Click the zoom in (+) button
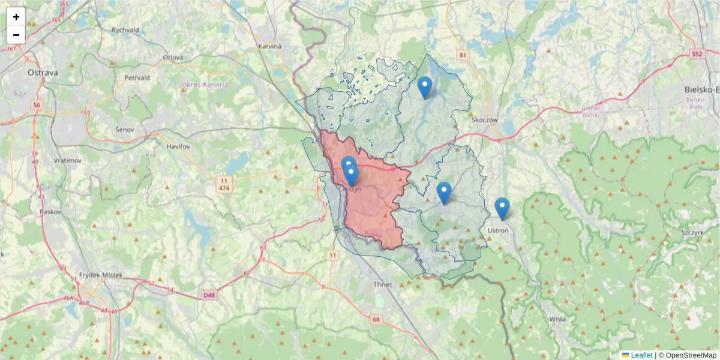coord(16,17)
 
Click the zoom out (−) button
coord(16,35)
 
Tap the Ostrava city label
coord(43,73)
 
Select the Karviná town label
coord(270,46)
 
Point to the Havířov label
coord(178,146)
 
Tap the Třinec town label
coord(383,284)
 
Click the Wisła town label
coord(557,319)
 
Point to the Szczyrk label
coord(692,232)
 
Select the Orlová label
coord(173,58)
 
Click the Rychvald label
coord(125,30)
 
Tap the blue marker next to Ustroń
coord(502,208)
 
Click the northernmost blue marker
coord(425,87)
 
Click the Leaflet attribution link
coord(637,355)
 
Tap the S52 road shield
coord(696,53)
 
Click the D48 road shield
coord(208,295)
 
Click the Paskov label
coord(47,212)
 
